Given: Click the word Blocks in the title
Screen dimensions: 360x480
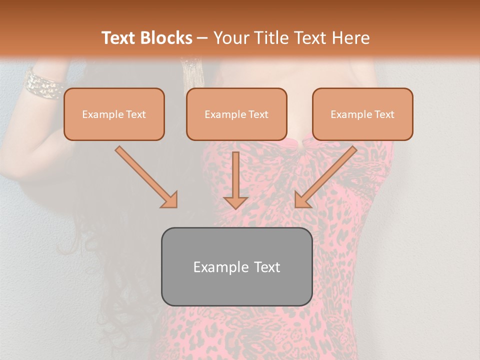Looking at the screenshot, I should [x=166, y=38].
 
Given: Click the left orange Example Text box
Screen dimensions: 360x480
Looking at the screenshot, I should [x=114, y=114].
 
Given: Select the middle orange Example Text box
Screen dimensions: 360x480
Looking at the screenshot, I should [x=236, y=114].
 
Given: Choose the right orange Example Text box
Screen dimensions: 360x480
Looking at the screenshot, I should [x=362, y=114].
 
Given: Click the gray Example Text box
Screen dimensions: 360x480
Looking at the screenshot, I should [x=236, y=266].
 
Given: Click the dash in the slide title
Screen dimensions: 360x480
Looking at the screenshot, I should [x=202, y=38].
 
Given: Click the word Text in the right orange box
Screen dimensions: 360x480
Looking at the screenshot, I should [x=384, y=114].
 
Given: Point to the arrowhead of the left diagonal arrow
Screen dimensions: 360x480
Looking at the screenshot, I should [x=170, y=200].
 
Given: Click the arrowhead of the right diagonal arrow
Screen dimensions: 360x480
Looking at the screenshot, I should [x=302, y=200].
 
